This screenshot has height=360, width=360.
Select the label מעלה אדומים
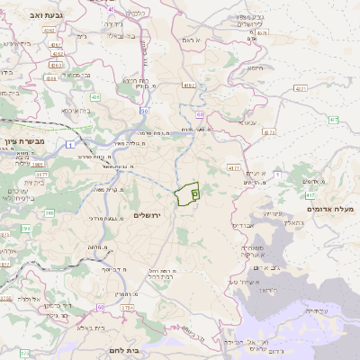[x=331, y=210]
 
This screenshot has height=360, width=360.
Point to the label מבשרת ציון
[x=23, y=142]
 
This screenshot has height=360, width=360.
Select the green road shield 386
[x=49, y=213]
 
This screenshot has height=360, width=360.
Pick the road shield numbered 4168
[x=50, y=78]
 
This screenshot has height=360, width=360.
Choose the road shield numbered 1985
[x=38, y=165]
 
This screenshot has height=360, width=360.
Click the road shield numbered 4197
[x=234, y=167]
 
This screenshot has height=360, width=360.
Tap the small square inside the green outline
[x=195, y=193]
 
